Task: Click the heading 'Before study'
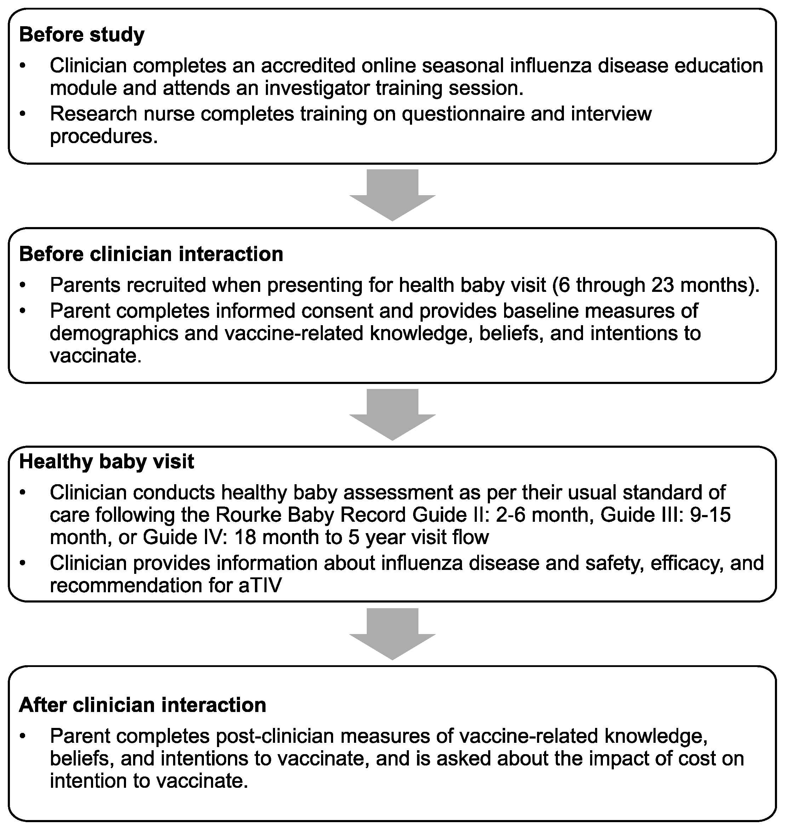click(81, 34)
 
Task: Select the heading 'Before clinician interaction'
click(151, 254)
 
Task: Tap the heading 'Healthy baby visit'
click(106, 462)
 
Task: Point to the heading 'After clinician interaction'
click(142, 705)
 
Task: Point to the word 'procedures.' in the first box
click(104, 137)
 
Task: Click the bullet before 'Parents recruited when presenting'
click(23, 286)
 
